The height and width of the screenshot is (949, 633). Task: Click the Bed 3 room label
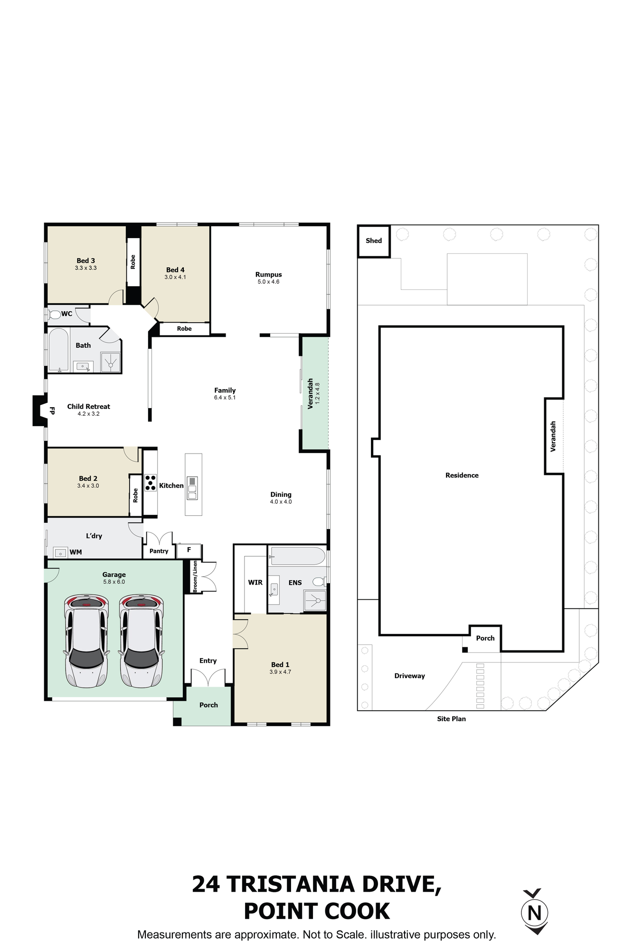coord(86,261)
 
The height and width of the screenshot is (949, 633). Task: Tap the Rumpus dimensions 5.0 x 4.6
coord(269,282)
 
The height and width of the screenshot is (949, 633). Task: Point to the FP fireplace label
coord(52,410)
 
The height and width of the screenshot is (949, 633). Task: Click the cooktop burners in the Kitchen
coord(151,483)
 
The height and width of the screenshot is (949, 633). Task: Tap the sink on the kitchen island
coord(192,488)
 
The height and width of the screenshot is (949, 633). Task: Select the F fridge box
coord(189,550)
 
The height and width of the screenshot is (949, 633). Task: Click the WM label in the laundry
coord(76,552)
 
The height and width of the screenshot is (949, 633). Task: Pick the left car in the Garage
coord(86,641)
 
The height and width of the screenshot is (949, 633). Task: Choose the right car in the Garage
coord(141,641)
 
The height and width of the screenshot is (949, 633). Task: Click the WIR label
coord(255,582)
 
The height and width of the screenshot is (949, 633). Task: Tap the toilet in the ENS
coord(319,581)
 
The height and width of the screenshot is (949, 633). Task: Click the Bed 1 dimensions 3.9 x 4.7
coord(281,672)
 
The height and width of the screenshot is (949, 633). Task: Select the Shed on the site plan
coord(374,241)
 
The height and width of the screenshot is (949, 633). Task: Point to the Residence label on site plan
coord(462,475)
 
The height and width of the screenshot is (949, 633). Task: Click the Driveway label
coord(410,676)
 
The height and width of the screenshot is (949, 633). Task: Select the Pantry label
coord(159,551)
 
